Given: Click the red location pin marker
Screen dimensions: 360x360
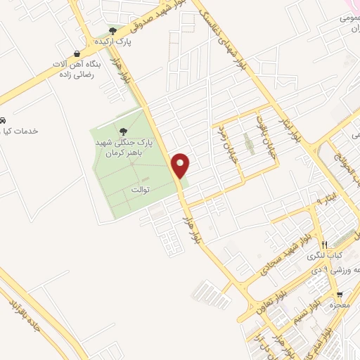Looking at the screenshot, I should pos(181,165).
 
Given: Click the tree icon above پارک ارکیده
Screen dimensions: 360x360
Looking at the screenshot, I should pos(112,31).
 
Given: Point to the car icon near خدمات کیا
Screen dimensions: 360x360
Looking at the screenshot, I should pos(4,120).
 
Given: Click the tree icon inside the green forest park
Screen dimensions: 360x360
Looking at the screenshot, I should pos(124,131).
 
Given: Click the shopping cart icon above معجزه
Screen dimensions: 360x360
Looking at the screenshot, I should pos(340,295).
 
